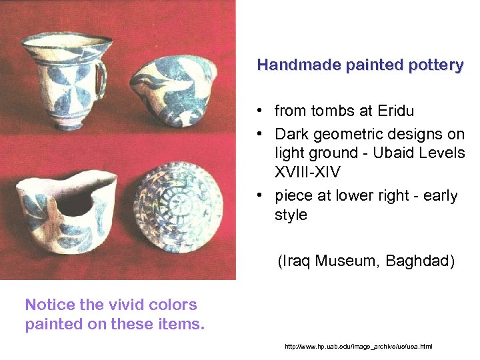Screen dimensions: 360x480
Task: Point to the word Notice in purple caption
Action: coord(50,305)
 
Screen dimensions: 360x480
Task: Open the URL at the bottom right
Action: coord(358,347)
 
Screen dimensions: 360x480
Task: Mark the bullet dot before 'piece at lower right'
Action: coord(265,197)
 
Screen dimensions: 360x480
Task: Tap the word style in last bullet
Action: coord(291,215)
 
